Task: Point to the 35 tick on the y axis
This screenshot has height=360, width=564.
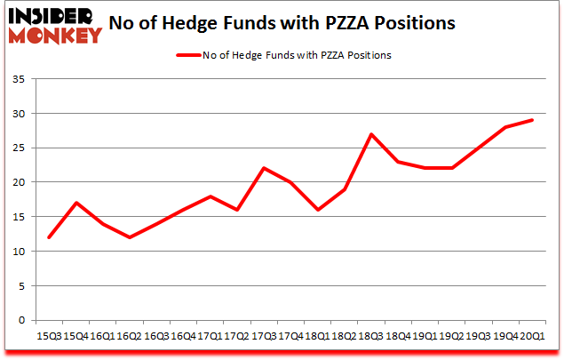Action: [x=18, y=79]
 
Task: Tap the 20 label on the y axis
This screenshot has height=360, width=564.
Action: [x=18, y=182]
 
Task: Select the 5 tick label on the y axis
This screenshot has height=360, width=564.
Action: [x=21, y=285]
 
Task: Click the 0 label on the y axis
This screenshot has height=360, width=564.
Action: [x=21, y=320]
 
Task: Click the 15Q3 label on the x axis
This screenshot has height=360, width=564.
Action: [x=49, y=336]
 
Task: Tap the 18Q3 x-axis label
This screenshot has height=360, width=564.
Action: [x=371, y=336]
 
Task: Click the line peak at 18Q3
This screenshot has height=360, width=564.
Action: [x=371, y=134]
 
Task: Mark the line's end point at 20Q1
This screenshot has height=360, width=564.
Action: [x=533, y=120]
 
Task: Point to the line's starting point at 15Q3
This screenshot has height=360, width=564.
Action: [x=49, y=237]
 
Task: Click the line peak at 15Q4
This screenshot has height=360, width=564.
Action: [x=75, y=203]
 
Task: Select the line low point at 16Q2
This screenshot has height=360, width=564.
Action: [x=130, y=237]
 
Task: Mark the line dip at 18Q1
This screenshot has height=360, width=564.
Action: [x=318, y=210]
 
